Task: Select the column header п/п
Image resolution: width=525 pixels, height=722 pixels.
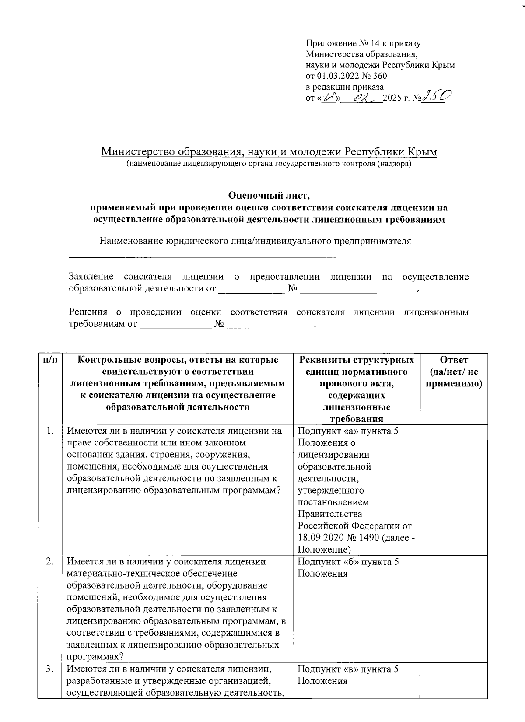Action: (50, 360)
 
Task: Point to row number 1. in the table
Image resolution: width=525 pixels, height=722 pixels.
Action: (50, 431)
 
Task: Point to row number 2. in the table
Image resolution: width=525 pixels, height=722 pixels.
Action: (50, 562)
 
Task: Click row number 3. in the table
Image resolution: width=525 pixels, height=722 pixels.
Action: (50, 669)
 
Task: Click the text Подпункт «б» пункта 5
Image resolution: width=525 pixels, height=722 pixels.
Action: (348, 562)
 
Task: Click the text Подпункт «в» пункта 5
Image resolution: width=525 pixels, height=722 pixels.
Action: (348, 669)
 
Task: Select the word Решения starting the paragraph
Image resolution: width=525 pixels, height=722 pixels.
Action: (88, 312)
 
